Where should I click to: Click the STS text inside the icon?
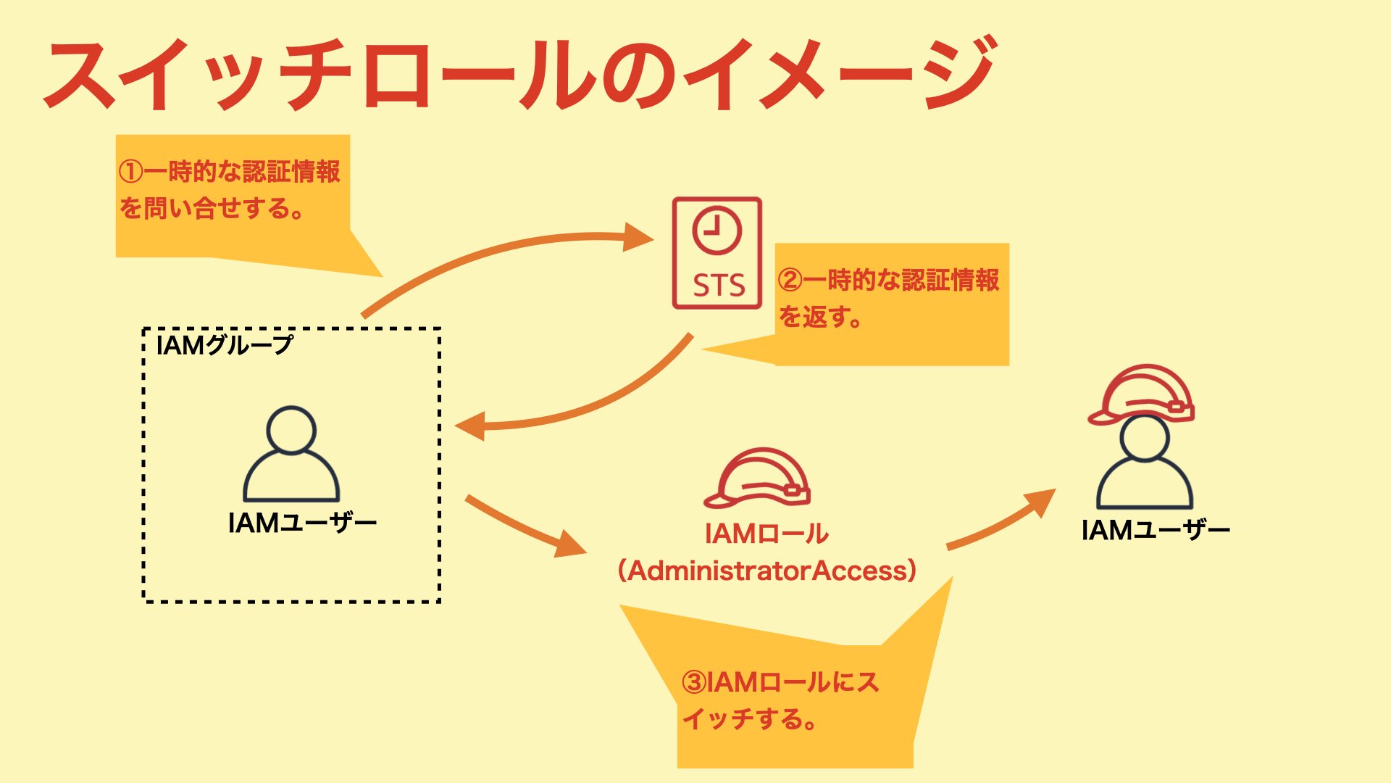click(718, 285)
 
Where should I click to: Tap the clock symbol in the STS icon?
click(717, 231)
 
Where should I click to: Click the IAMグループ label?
click(224, 345)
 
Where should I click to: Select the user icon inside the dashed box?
click(291, 455)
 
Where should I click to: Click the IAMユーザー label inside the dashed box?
click(302, 523)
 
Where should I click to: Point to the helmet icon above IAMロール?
click(757, 478)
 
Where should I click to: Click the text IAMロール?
click(766, 534)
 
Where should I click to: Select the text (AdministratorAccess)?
click(766, 571)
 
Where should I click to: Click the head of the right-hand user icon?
click(1144, 439)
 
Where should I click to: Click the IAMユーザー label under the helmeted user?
click(1156, 531)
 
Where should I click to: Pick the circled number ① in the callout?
click(130, 173)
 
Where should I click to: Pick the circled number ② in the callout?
click(790, 280)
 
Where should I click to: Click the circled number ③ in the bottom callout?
click(694, 682)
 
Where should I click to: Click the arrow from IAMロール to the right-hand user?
click(1000, 521)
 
